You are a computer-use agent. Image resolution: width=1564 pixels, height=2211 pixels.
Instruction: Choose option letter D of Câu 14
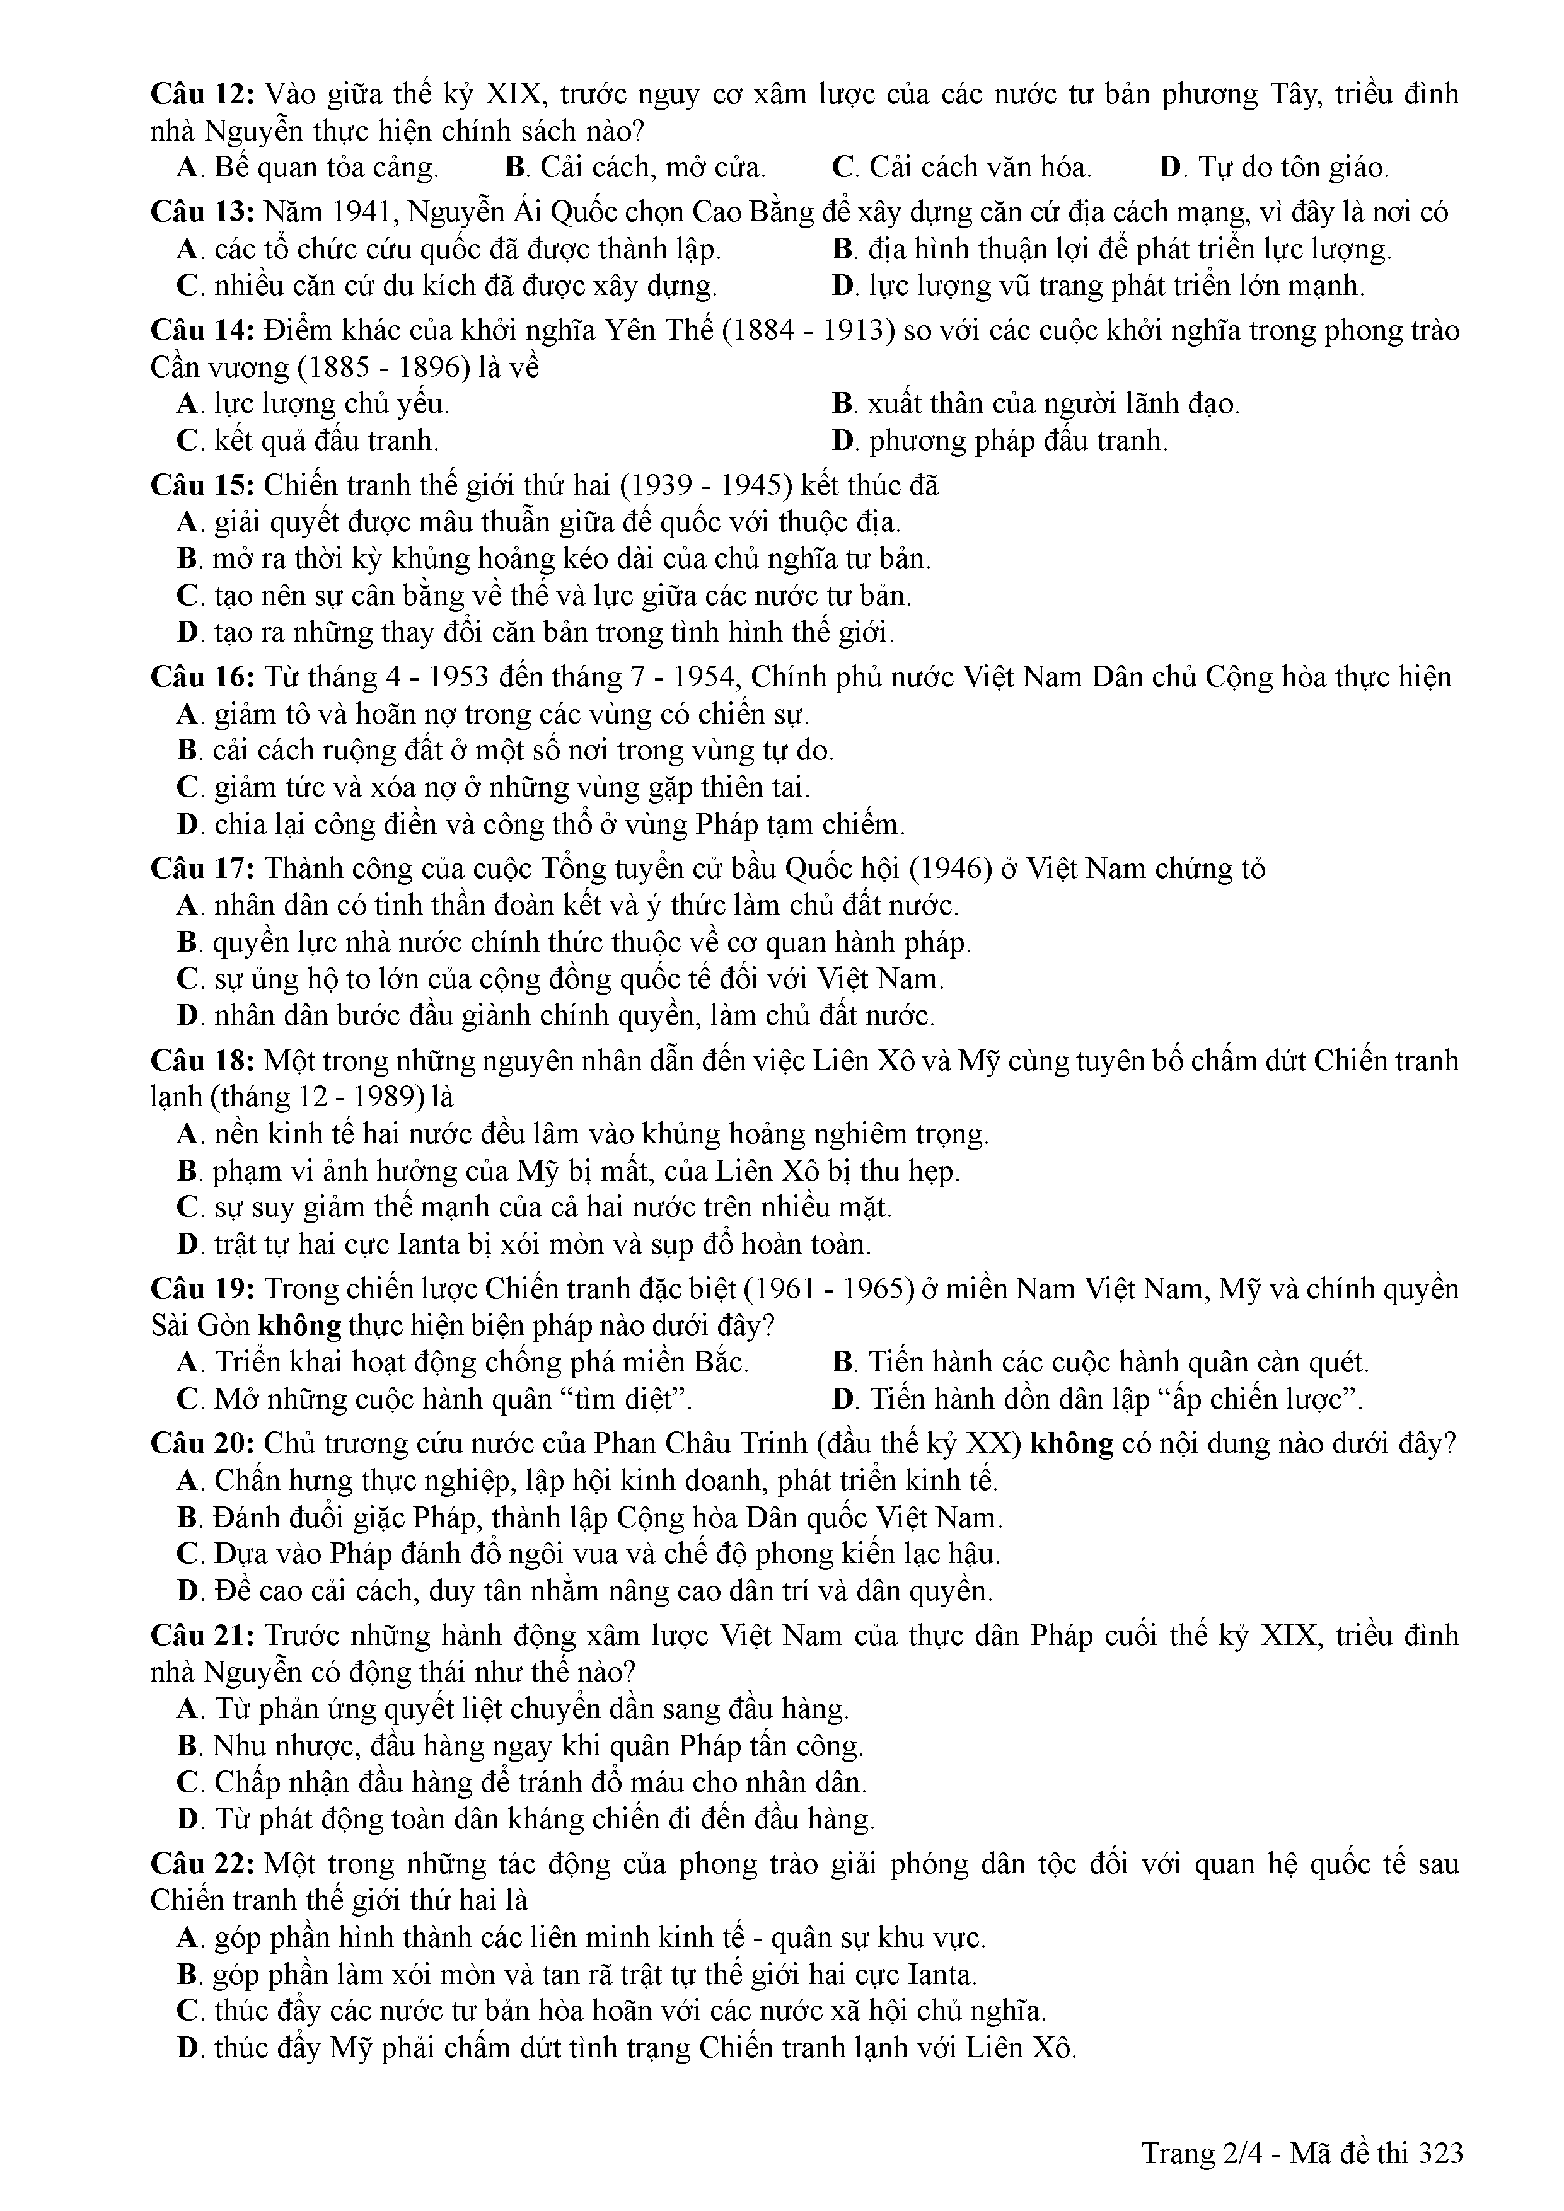coord(843,442)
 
